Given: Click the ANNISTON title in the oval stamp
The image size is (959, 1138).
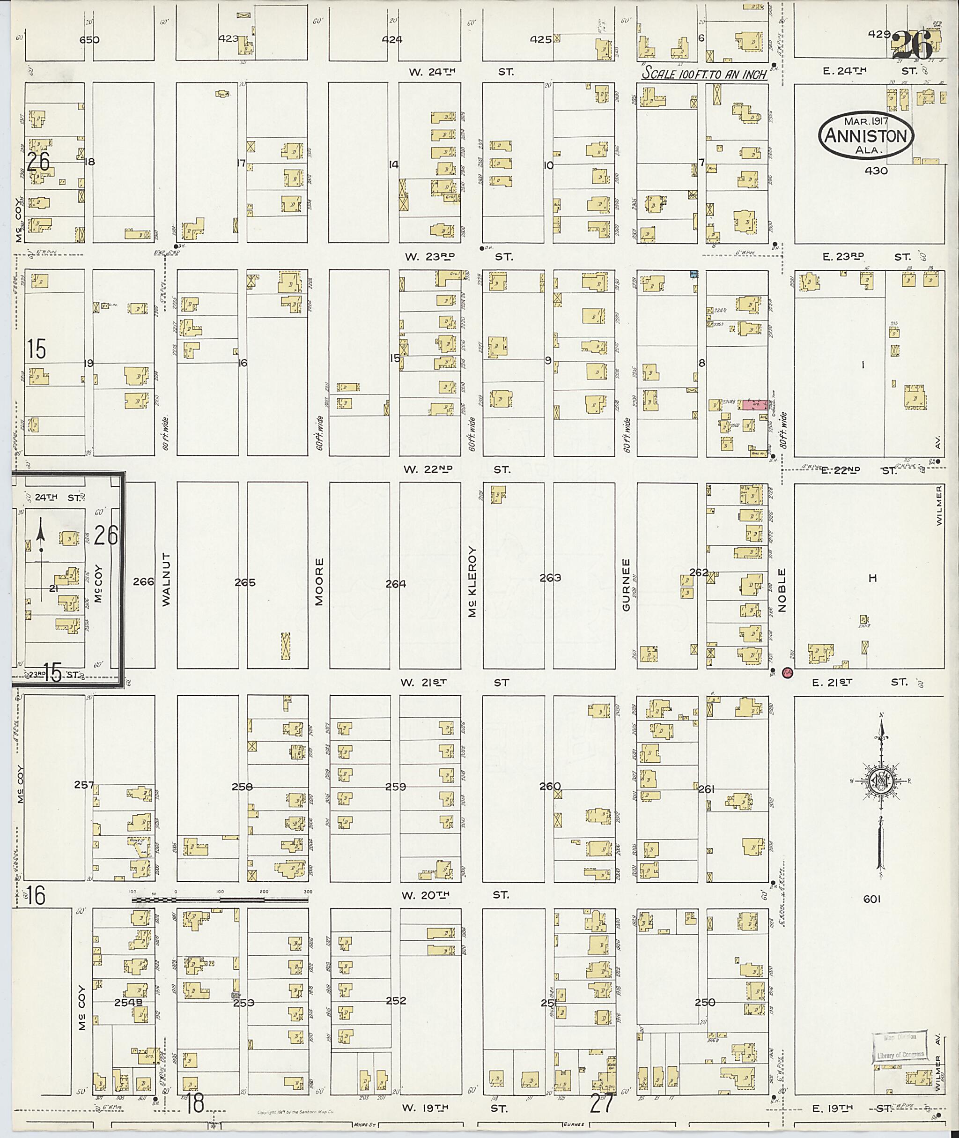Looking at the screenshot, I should click(867, 135).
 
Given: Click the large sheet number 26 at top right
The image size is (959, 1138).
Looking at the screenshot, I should click(913, 45).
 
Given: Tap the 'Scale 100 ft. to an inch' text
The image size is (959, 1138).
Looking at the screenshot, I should click(704, 73).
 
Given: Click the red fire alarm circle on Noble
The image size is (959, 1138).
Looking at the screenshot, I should click(787, 673).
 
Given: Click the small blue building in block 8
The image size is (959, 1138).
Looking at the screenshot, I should click(694, 274).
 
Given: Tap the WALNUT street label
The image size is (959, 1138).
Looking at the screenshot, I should click(166, 580).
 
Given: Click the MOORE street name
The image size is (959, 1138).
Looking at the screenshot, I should click(319, 581).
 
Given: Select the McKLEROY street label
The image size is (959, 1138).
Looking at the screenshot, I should click(472, 581).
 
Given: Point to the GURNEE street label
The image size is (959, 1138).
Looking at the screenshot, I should click(626, 584).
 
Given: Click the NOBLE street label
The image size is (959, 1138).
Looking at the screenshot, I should click(782, 590).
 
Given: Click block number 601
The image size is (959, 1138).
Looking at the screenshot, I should click(871, 899).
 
